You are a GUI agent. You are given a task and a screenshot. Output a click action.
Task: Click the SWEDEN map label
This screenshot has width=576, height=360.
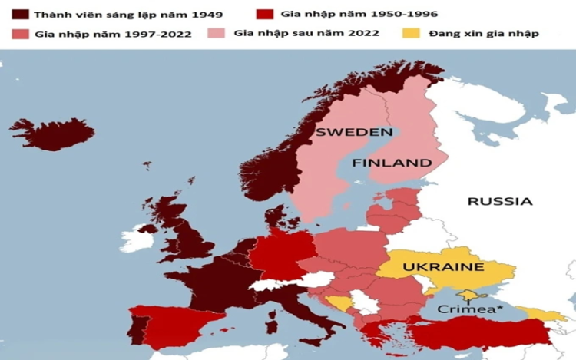pos(354,132)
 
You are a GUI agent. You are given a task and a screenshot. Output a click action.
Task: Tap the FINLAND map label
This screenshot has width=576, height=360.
pos(392,163)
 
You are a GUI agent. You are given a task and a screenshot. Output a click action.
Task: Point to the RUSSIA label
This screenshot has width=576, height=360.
pos(499,201)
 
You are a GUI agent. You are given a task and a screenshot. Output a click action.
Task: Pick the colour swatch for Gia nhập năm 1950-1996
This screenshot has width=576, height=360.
pos(267,14)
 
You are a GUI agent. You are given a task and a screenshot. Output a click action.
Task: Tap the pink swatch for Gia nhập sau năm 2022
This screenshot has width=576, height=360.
pos(219,34)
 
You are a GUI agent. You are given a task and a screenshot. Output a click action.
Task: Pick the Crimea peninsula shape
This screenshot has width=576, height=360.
pos(466,295)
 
